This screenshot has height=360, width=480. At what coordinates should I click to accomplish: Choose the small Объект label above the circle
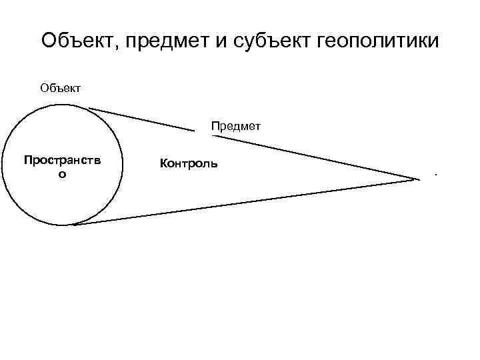click(x=61, y=87)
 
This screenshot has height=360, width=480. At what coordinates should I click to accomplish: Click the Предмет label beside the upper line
click(x=236, y=125)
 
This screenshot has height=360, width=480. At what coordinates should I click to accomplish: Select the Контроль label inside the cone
click(x=188, y=163)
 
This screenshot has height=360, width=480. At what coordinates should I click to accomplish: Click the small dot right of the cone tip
click(x=435, y=175)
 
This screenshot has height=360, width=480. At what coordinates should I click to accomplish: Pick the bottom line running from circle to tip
click(x=247, y=201)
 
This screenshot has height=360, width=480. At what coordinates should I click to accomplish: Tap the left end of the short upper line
click(x=89, y=108)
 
